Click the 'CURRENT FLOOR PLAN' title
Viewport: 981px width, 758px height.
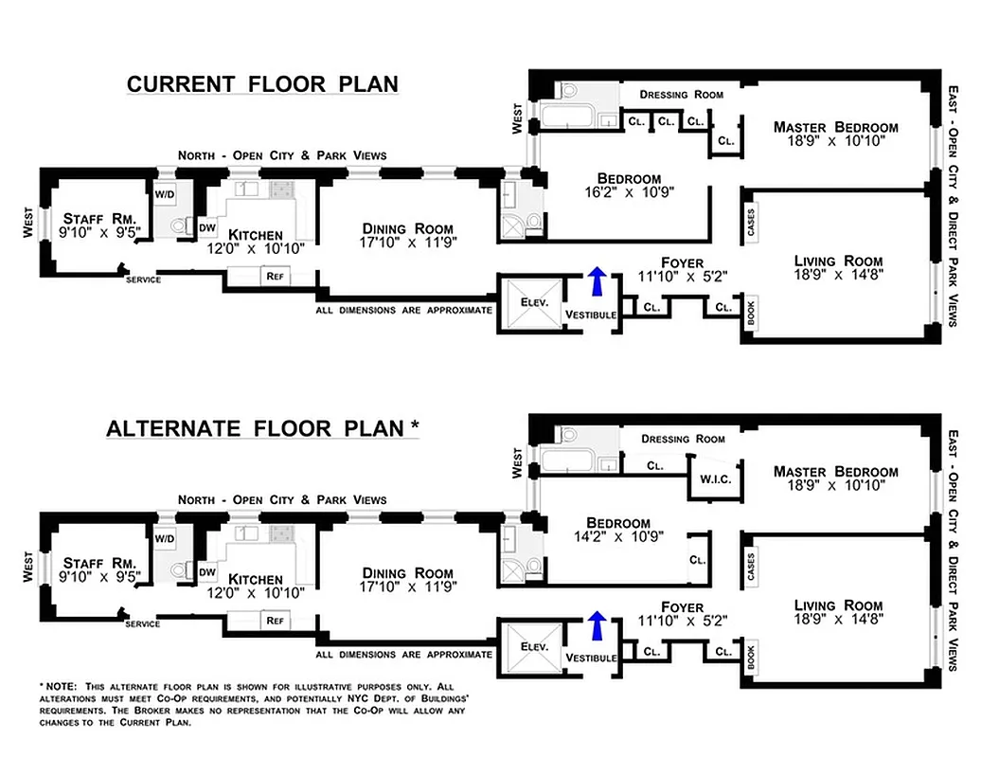coord(262,84)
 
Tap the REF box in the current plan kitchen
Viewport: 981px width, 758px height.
coord(276,277)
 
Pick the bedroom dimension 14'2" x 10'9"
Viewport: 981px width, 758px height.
coord(618,538)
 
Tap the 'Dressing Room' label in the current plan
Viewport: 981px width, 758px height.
coord(681,95)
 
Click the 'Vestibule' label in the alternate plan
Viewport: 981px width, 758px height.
coord(590,658)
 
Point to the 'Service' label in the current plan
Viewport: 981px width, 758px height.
coord(143,280)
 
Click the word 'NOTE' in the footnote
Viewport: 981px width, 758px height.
coord(60,685)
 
